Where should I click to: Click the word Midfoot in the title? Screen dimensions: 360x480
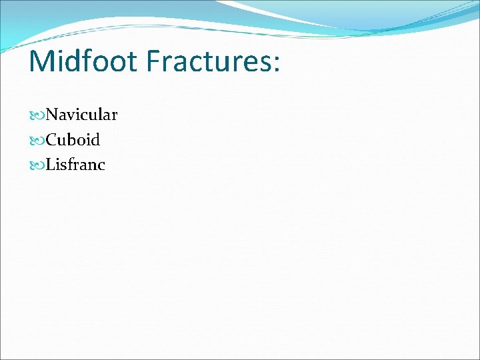82,61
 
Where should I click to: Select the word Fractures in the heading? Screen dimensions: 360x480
207,61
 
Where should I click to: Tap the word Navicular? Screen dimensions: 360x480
81,115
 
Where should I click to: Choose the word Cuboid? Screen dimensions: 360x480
73,140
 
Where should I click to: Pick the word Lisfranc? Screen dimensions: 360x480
75,165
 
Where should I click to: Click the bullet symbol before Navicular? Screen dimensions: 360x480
37,116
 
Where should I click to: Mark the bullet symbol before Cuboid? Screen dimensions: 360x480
37,141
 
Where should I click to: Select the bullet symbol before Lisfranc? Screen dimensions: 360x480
37,165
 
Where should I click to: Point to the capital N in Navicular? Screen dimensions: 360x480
53,115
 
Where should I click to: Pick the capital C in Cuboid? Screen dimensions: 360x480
52,140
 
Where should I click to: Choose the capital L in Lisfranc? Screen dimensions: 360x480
51,165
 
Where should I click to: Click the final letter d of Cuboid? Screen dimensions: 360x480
95,140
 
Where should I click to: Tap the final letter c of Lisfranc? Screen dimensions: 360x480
101,166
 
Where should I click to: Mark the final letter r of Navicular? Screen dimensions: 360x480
113,117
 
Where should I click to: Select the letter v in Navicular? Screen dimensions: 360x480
71,117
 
